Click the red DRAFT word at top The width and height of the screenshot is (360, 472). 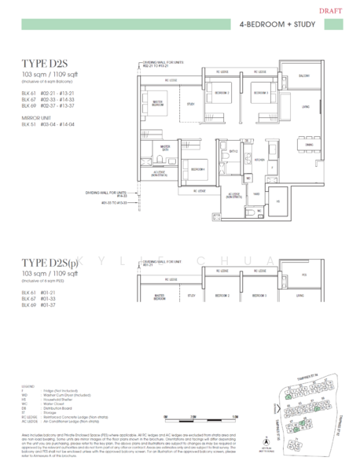pos(338,11)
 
